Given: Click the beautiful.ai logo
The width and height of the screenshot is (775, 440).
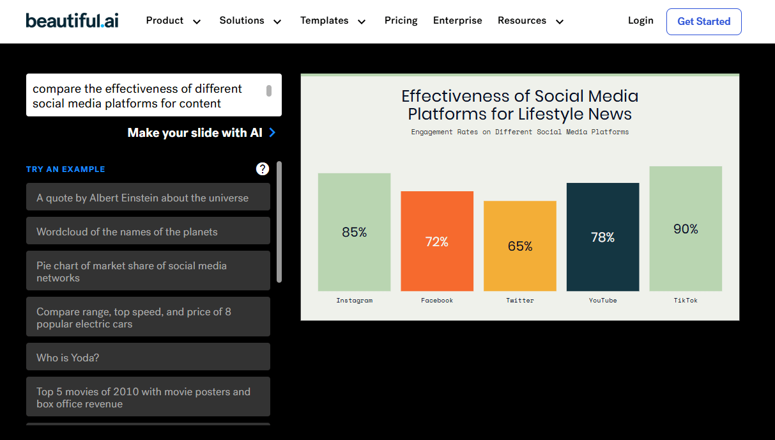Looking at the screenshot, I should pos(72,20).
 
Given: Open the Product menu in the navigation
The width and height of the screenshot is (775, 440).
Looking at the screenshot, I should pos(173,20).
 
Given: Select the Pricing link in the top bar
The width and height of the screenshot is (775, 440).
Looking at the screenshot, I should pos(401,20).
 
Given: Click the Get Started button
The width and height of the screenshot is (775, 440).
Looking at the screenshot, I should pos(703,22).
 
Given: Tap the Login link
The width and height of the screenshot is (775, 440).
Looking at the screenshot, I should pos(640,20).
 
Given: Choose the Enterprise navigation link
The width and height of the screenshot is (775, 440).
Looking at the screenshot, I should pos(457,20).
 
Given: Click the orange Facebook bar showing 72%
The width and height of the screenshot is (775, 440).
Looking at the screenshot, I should pos(437,241).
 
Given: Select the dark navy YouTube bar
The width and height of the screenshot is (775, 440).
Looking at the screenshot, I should pos(602,237).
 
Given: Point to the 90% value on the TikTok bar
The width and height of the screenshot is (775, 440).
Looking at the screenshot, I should pos(686,229).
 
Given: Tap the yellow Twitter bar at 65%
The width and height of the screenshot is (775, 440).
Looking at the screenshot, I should pos(519,246).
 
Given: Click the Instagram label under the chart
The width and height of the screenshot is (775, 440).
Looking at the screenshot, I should pos(354,300).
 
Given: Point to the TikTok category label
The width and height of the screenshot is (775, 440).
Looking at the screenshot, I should pos(686,300).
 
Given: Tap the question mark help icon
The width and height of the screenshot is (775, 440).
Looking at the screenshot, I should pos(263,169).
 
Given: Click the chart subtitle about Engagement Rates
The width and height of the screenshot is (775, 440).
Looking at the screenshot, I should pos(519,132).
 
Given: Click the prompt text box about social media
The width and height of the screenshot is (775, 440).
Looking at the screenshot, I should pos(147,95).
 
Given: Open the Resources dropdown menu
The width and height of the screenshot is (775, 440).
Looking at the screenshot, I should pos(530,20).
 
